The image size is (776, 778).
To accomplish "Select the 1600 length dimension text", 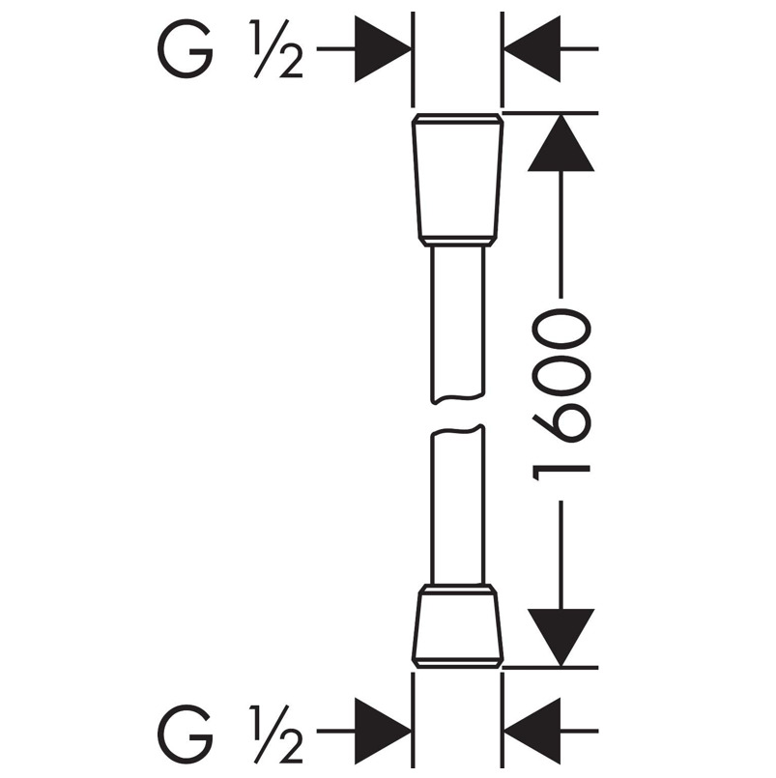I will tap(561, 390).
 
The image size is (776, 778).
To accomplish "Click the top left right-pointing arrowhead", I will tap(383, 47).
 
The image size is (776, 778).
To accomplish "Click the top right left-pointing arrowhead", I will tap(533, 47).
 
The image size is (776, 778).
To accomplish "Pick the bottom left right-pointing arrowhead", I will tap(383, 729).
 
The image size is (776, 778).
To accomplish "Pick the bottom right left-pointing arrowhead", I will tap(533, 729).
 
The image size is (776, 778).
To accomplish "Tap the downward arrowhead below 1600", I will tap(560, 632).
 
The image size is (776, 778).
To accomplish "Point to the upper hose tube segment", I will tap(456, 319).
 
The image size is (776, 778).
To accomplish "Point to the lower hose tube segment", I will tap(456, 507).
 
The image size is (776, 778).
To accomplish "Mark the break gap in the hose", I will tap(456, 414).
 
